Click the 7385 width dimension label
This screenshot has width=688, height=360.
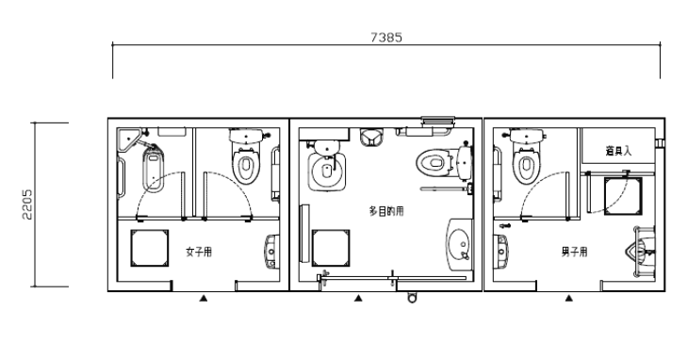[386, 38]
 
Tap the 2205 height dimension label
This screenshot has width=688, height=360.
[27, 205]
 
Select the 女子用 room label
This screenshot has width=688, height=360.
[199, 252]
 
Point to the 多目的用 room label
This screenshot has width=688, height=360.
[386, 211]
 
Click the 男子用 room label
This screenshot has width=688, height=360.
[574, 252]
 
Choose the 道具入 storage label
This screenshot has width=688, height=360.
[618, 151]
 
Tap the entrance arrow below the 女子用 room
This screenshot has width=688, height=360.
[204, 298]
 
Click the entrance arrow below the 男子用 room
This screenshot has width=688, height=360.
[569, 298]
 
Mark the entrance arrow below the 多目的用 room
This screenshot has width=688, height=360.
[358, 298]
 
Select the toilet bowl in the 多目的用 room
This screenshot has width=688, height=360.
[443, 163]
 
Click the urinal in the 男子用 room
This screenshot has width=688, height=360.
[642, 252]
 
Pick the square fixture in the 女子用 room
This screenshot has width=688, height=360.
[150, 248]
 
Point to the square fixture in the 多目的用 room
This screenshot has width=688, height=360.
[331, 248]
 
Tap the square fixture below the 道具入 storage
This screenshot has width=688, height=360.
[623, 196]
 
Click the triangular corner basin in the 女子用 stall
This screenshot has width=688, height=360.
[128, 139]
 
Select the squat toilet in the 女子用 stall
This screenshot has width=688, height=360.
[153, 170]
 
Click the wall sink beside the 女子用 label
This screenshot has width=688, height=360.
[272, 252]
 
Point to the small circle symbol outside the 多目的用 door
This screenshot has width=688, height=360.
[412, 298]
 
